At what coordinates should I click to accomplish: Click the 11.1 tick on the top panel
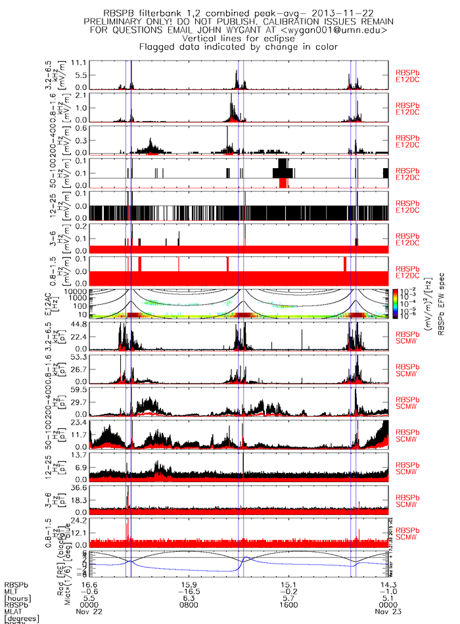[79, 62]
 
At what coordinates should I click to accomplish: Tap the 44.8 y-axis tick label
[79, 324]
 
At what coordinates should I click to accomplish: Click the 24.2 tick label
[79, 521]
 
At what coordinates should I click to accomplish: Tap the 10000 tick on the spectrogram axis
[76, 291]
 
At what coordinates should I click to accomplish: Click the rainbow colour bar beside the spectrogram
[394, 303]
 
